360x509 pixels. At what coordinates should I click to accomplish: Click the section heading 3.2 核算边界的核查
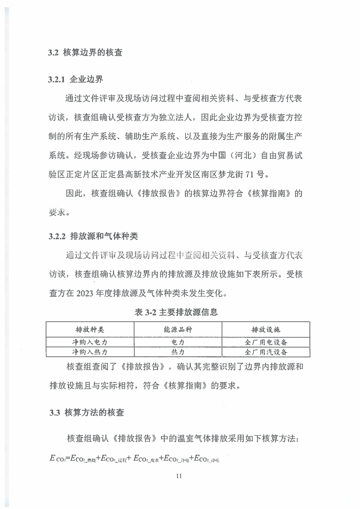(x=85, y=53)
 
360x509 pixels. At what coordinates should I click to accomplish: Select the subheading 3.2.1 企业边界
(x=75, y=80)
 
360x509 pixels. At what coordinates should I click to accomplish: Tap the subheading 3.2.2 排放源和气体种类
(x=93, y=237)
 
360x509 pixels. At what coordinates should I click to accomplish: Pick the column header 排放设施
(x=266, y=329)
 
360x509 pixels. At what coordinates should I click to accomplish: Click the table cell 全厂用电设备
(x=266, y=342)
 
